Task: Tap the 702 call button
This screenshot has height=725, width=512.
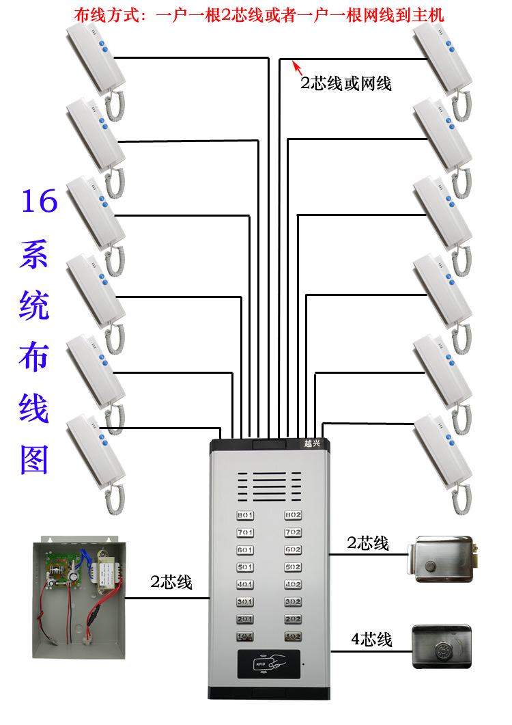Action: pos(293,532)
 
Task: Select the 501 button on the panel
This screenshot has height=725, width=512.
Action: pos(244,567)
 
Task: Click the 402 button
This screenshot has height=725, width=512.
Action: pos(293,584)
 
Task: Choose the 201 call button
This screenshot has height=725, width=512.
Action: pos(244,619)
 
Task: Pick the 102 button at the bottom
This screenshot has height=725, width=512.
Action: pos(293,637)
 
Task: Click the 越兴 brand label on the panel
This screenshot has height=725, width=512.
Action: pos(312,443)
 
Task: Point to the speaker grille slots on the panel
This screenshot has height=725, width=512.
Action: pos(269,486)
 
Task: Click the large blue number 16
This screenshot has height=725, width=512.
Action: pos(39,203)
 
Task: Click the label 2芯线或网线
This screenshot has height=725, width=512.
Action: pos(346,83)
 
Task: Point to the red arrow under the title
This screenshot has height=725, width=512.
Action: pos(297,67)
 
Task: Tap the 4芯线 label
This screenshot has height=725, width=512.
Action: pos(371,640)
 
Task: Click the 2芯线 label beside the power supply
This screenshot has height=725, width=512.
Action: pos(171,582)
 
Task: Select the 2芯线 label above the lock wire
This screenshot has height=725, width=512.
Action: pos(368,543)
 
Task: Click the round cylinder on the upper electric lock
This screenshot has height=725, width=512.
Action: pos(431,566)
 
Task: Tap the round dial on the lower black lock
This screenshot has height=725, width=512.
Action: pos(442,646)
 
